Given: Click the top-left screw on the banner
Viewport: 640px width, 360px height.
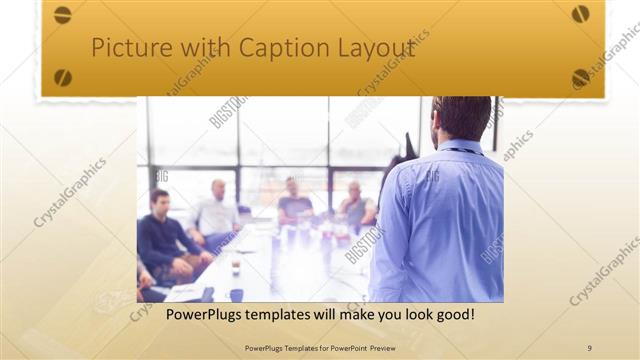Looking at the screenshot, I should tap(62, 15).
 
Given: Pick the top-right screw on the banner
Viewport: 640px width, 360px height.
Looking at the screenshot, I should tap(580, 14).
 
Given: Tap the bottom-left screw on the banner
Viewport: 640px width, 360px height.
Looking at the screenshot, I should tap(63, 77).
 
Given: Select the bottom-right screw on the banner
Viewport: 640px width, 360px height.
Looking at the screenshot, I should tap(580, 77).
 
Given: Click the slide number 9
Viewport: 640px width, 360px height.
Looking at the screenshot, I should tap(589, 348).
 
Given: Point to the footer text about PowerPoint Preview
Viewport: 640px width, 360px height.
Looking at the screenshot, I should tap(320, 348).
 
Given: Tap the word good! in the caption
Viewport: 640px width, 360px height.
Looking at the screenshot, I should tap(453, 315).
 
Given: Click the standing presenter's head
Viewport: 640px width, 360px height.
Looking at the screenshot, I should tap(462, 118).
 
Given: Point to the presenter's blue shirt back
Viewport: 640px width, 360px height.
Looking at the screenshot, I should tap(440, 220).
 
